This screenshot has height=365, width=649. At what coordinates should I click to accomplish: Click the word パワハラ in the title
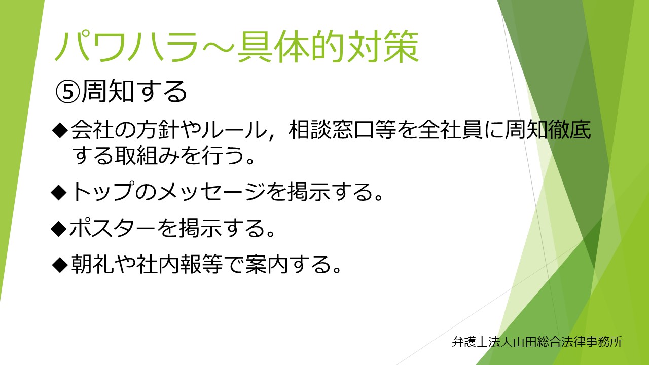click(x=127, y=47)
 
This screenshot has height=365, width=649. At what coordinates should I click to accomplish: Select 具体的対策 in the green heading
click(x=328, y=47)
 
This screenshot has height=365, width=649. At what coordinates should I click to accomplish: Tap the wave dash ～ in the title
click(x=218, y=48)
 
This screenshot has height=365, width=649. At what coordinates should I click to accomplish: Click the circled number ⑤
click(x=67, y=92)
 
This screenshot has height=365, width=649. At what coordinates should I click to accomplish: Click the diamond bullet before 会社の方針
click(x=59, y=130)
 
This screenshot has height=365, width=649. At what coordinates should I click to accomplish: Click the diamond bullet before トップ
click(x=59, y=192)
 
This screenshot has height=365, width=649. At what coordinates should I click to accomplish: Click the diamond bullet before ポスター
click(x=59, y=229)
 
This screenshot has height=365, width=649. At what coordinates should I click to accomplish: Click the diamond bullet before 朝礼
click(x=59, y=265)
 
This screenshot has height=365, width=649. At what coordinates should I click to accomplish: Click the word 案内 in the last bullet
click(x=266, y=264)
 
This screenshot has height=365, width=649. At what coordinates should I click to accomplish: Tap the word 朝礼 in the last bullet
click(x=92, y=264)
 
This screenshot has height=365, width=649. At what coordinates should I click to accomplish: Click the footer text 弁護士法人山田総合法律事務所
click(x=537, y=342)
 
